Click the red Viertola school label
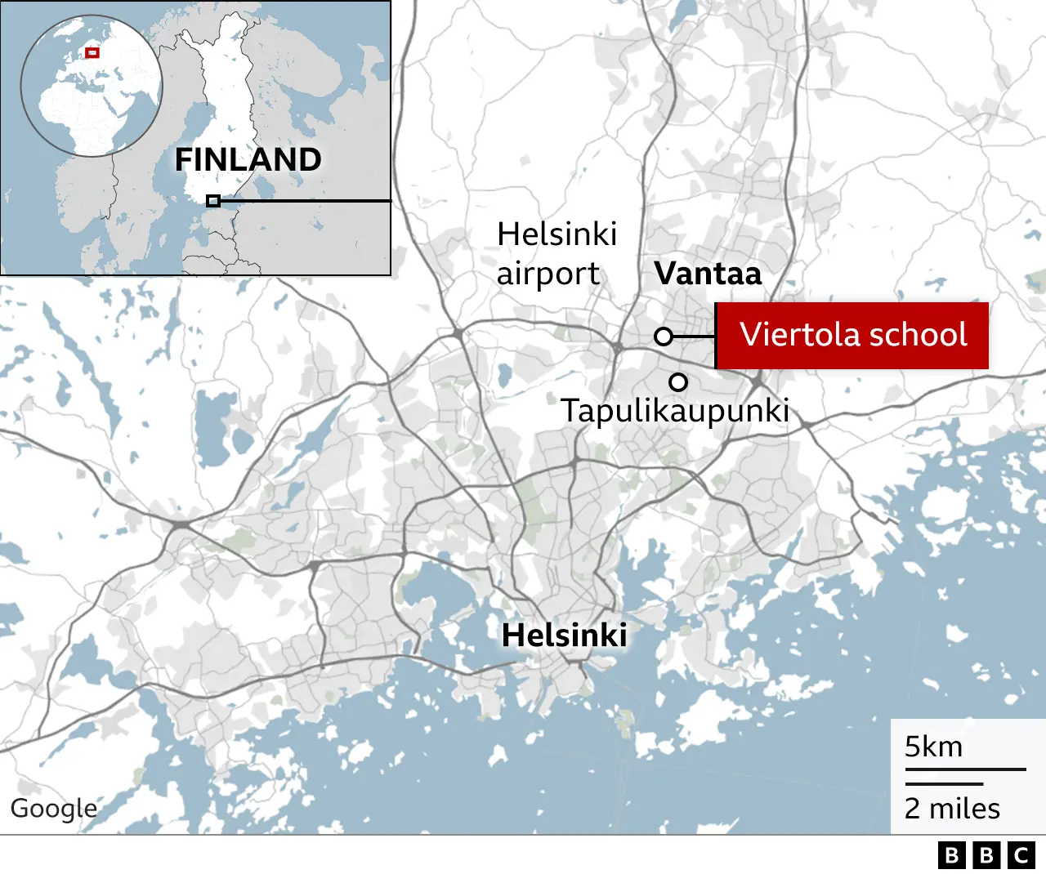point(852,336)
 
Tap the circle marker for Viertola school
point(664,337)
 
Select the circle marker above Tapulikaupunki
point(678,381)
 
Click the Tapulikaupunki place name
point(674,411)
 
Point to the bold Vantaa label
point(708,274)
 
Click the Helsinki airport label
point(557,253)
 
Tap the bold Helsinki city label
point(565,635)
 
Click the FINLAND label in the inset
point(248,160)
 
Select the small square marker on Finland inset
point(213,201)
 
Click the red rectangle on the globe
point(92,53)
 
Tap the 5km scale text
point(933,747)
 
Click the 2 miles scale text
point(952,809)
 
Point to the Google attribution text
point(53,808)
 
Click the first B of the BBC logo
point(951,855)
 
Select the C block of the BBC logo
point(1021,855)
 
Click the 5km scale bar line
point(965,769)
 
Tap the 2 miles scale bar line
point(944,784)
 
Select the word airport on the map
point(548,274)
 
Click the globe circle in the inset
point(92,86)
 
